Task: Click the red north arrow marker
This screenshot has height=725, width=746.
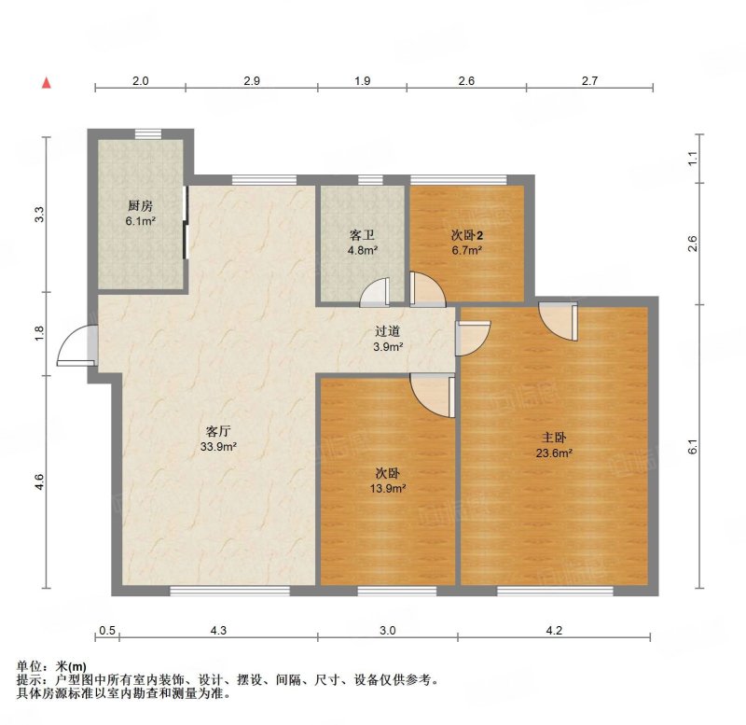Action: pyautogui.click(x=46, y=82)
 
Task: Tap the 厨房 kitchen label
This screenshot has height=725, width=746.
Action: pyautogui.click(x=141, y=205)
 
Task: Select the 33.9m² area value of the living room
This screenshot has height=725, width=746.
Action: pyautogui.click(x=218, y=447)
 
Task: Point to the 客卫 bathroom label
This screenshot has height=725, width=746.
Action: pyautogui.click(x=363, y=235)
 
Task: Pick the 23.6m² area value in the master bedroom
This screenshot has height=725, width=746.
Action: pyautogui.click(x=554, y=453)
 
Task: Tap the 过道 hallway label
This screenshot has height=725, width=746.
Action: pyautogui.click(x=387, y=331)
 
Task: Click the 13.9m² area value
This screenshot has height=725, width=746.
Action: pyautogui.click(x=388, y=488)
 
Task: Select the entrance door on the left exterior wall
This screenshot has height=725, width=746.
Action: pyautogui.click(x=77, y=345)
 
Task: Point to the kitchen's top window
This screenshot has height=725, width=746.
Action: pyautogui.click(x=148, y=133)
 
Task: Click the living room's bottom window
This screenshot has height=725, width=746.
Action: pyautogui.click(x=229, y=591)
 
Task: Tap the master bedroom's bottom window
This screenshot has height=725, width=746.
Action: pyautogui.click(x=555, y=591)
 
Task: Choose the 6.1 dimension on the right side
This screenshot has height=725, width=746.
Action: pyautogui.click(x=693, y=446)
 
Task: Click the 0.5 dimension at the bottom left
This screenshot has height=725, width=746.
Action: pyautogui.click(x=107, y=630)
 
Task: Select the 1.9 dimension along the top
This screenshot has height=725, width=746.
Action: pyautogui.click(x=363, y=80)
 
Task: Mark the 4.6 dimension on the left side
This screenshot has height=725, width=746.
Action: pyautogui.click(x=39, y=481)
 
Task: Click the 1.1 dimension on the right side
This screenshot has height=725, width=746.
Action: pyautogui.click(x=693, y=158)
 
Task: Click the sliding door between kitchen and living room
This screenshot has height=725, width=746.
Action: pyautogui.click(x=186, y=222)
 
